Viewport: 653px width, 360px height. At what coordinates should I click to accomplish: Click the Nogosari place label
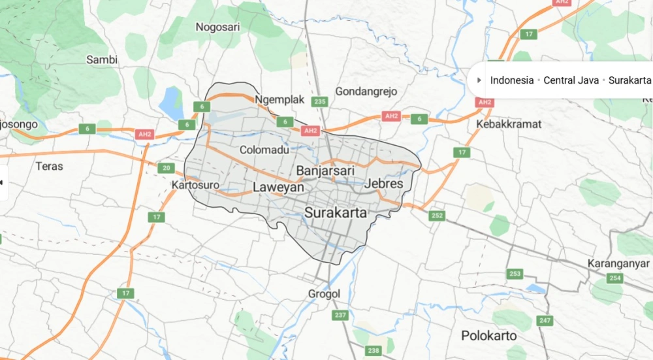click(x=218, y=27)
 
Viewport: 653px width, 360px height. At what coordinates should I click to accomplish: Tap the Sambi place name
click(x=102, y=59)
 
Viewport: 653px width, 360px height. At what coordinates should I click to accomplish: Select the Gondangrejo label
click(x=366, y=91)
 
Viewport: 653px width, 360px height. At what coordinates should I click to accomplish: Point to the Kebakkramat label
click(x=509, y=123)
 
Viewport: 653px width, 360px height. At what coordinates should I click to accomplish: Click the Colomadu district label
click(x=264, y=150)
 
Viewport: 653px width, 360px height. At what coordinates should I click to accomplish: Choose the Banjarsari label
click(x=325, y=171)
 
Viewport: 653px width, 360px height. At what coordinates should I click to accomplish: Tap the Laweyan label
click(x=279, y=188)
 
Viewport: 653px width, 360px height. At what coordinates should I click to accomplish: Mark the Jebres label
click(x=384, y=184)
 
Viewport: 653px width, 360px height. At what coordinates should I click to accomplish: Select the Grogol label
click(x=325, y=294)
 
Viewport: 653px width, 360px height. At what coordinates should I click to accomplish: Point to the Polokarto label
click(x=489, y=336)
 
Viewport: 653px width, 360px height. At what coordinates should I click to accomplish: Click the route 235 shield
click(x=319, y=101)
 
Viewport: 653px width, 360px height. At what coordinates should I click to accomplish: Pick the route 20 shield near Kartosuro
click(x=167, y=169)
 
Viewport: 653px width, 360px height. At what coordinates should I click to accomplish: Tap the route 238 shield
click(x=374, y=351)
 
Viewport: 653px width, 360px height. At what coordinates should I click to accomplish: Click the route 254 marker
click(x=614, y=278)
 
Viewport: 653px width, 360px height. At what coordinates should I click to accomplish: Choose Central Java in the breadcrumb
click(x=571, y=80)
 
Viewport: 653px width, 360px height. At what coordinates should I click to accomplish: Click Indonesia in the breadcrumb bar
click(x=513, y=80)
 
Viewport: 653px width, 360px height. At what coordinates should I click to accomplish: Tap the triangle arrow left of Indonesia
click(x=480, y=80)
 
